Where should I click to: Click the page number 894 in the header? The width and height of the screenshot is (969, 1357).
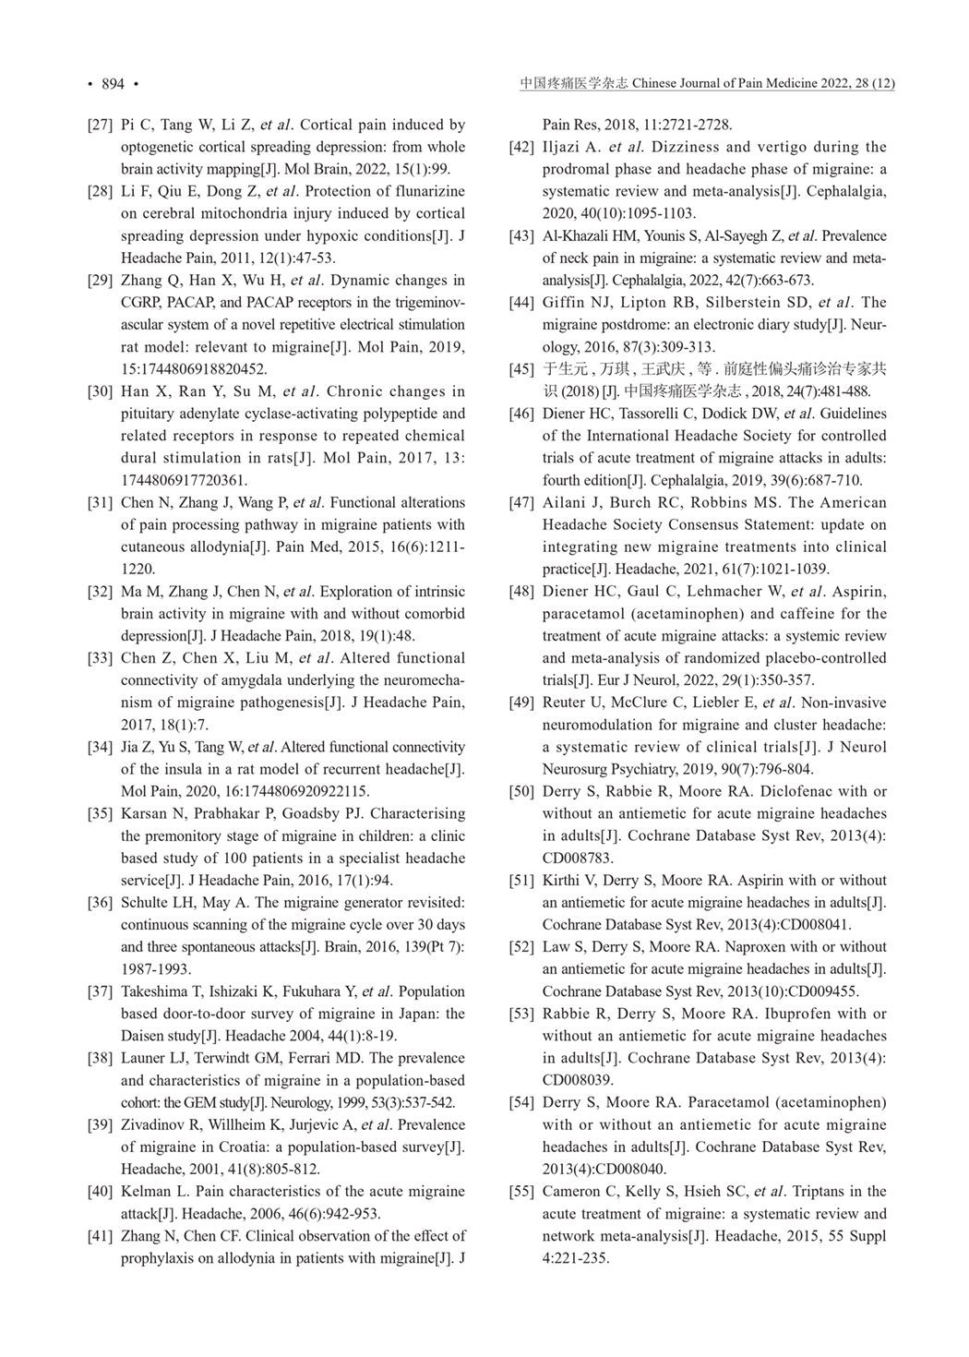point(113,84)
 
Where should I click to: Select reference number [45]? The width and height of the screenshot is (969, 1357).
point(521,369)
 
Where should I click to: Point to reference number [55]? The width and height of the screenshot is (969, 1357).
point(521,1192)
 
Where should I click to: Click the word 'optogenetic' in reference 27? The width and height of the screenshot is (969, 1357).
point(158,147)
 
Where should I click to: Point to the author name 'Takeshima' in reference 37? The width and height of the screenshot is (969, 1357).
point(153,991)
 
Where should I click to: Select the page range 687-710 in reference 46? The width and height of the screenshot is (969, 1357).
point(835,480)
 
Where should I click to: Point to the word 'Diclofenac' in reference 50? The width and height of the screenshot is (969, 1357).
point(802,791)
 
